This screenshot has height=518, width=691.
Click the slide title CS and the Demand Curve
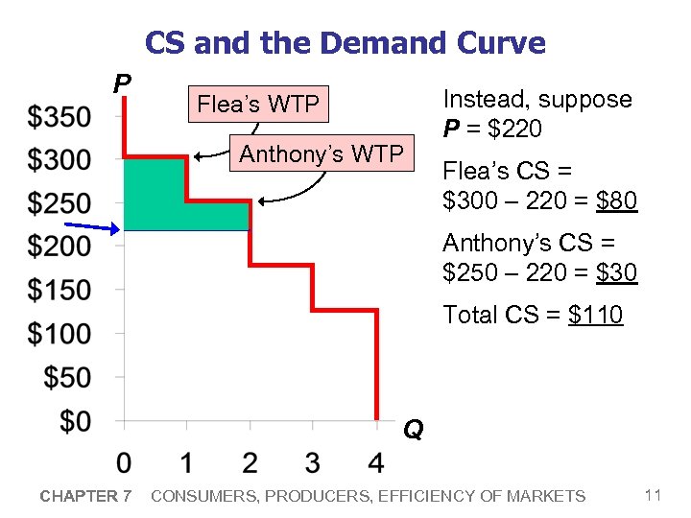(345, 43)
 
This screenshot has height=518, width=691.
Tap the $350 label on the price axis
(60, 117)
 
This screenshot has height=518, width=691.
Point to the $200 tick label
(60, 247)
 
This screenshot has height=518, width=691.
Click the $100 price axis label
(60, 334)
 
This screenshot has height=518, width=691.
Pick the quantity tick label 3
(313, 463)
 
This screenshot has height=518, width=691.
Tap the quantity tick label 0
(124, 463)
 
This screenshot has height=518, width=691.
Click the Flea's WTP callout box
(257, 104)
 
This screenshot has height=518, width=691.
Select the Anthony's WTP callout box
(322, 153)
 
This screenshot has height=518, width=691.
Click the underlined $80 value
(616, 201)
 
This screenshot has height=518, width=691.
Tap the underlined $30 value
(616, 273)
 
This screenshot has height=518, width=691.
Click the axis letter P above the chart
(122, 84)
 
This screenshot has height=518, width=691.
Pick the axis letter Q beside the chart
(413, 430)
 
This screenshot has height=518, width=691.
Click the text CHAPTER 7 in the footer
(84, 496)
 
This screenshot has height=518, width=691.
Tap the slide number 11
(653, 495)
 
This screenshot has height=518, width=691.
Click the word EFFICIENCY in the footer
(424, 496)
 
